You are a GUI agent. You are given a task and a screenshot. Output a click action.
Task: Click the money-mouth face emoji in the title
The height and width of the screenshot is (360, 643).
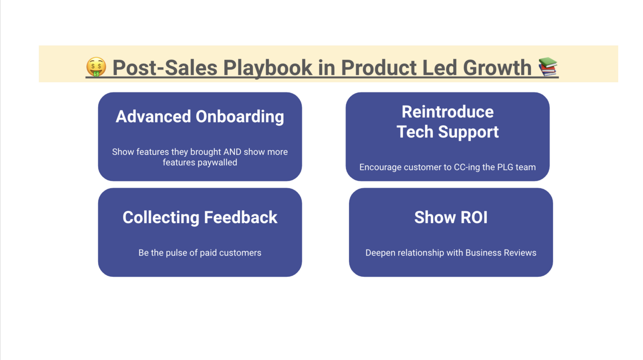[96, 67]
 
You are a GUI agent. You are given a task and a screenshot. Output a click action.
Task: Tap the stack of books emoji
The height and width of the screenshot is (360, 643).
[548, 66]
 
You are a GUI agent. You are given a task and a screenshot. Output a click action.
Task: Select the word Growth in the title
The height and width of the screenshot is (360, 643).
[497, 68]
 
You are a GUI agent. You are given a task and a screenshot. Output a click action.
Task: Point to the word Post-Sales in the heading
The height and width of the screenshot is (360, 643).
[165, 68]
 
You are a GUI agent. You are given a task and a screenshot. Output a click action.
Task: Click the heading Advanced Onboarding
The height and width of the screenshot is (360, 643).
[200, 117]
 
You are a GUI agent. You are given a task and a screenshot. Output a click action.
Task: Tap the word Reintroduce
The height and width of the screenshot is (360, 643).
[447, 112]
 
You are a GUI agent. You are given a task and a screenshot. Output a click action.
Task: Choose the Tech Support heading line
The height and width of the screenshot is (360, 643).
[447, 132]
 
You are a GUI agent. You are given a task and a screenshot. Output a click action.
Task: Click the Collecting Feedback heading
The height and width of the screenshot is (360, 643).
[200, 218]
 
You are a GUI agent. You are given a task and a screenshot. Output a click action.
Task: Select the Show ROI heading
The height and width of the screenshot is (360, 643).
[451, 217]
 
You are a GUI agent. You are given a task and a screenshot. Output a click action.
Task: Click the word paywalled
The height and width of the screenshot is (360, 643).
[217, 163]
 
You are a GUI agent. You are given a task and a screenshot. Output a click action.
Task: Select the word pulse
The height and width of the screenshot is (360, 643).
[176, 253]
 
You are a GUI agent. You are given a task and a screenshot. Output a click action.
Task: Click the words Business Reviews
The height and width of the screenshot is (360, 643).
[501, 253]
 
